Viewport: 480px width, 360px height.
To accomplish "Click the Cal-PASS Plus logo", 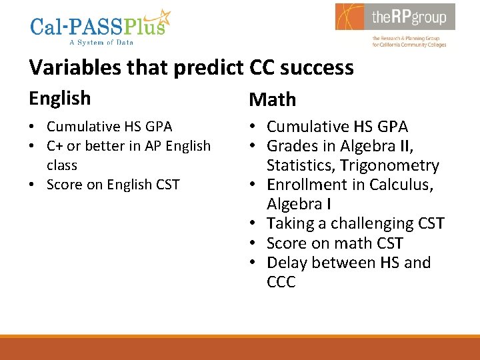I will pyautogui.click(x=100, y=27).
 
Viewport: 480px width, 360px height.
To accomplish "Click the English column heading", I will pyautogui.click(x=59, y=99).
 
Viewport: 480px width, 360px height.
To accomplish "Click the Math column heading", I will pyautogui.click(x=272, y=100).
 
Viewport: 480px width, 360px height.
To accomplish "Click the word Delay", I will pyautogui.click(x=287, y=263).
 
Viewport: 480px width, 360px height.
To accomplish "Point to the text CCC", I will pyautogui.click(x=281, y=282).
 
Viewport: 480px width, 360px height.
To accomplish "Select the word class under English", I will pyautogui.click(x=62, y=165).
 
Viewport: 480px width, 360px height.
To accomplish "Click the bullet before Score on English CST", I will pyautogui.click(x=33, y=185).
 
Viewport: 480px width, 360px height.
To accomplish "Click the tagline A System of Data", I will pyautogui.click(x=101, y=42).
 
